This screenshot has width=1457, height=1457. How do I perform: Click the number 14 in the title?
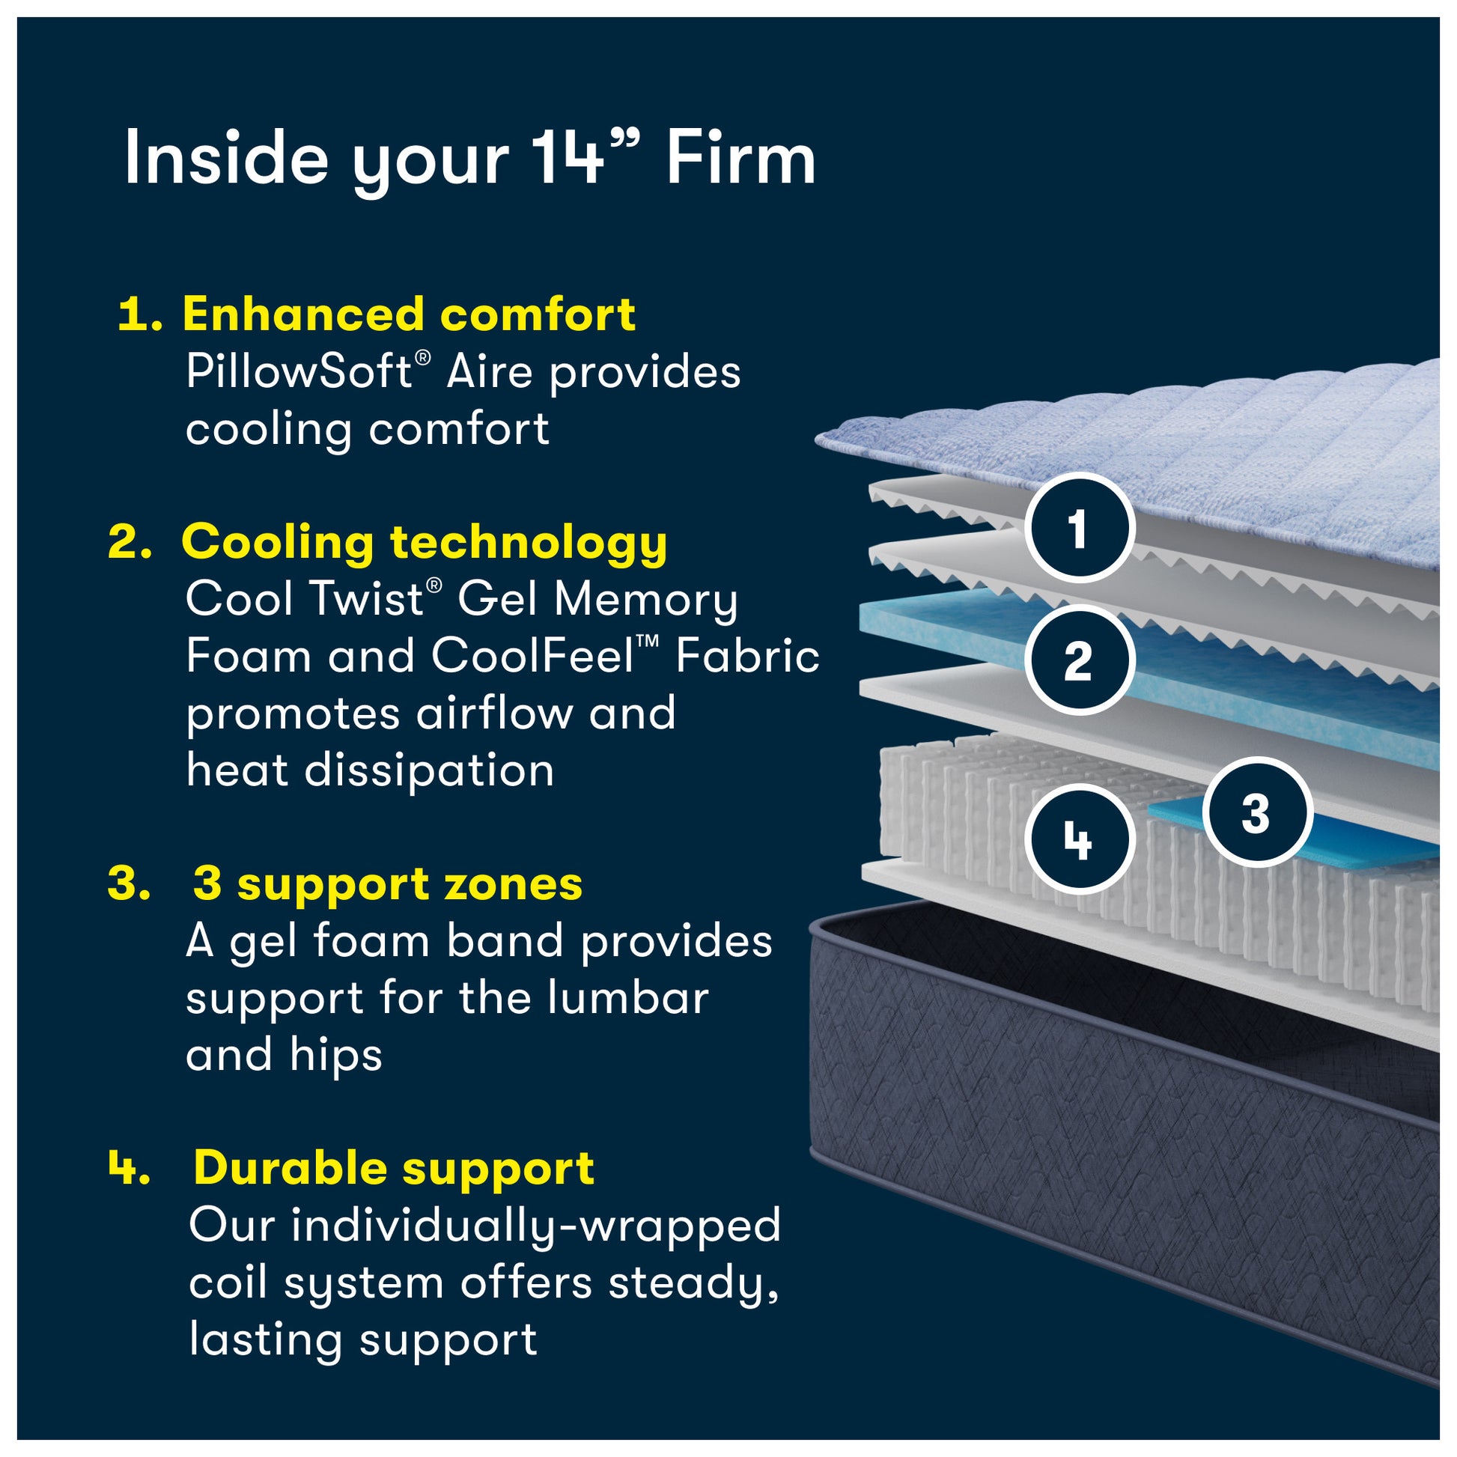[568, 158]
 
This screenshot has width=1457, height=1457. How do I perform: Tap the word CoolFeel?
[532, 655]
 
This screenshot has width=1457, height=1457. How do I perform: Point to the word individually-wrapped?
[535, 1226]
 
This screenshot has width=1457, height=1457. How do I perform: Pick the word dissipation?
[429, 770]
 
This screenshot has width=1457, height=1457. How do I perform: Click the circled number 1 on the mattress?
[1079, 529]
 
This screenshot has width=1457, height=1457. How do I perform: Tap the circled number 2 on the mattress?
[1079, 661]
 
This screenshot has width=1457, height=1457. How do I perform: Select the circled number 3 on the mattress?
[1256, 813]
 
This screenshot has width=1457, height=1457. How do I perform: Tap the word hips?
[335, 1054]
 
